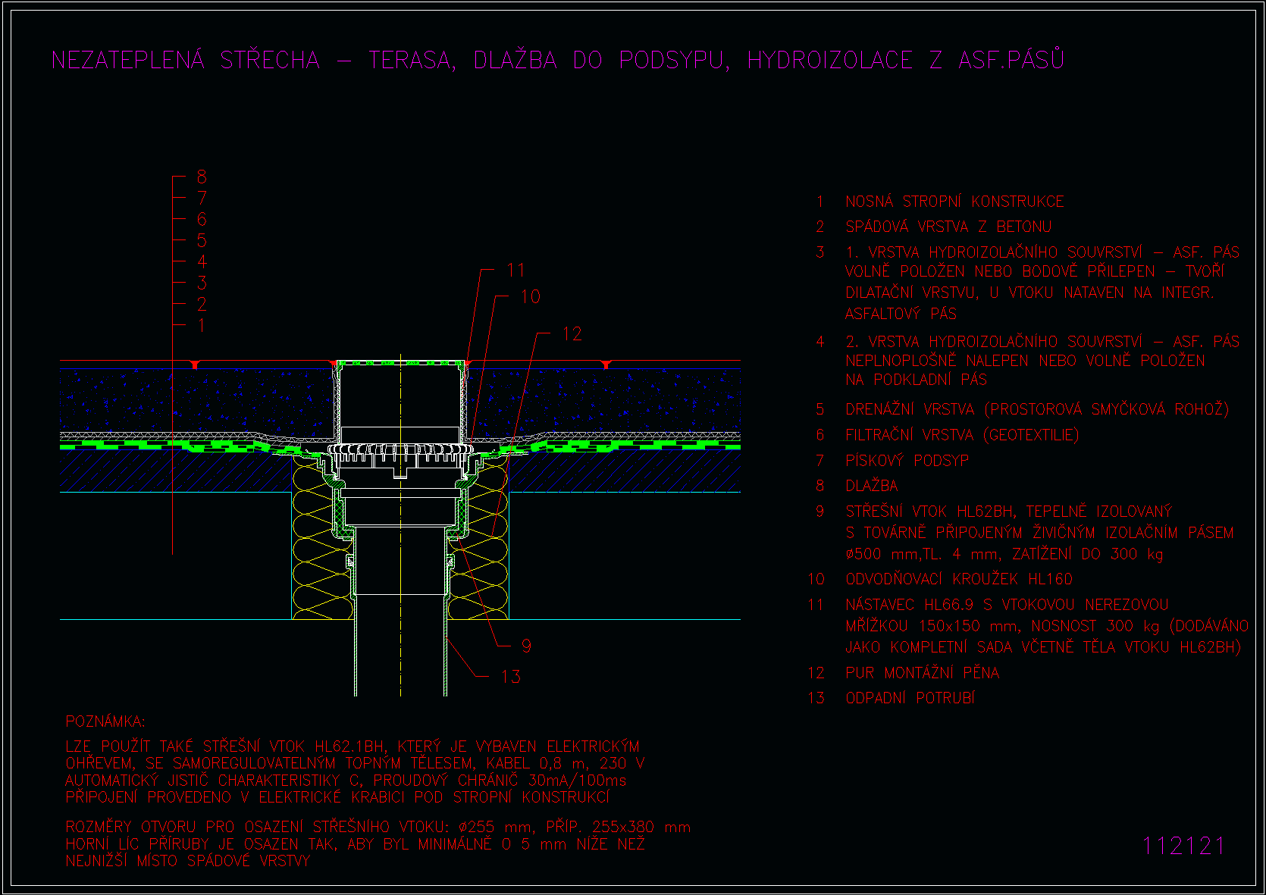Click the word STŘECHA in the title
pos(270,60)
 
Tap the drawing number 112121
pos(1183,846)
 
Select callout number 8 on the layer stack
pos(202,177)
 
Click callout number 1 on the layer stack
pos(202,325)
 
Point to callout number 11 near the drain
pos(515,270)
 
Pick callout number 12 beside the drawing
pos(572,334)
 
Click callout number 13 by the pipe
pos(511,676)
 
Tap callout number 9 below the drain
pos(526,646)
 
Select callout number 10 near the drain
pos(530,296)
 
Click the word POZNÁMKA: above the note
pos(105,721)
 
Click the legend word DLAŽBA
pos(872,486)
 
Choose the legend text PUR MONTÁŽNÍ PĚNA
pos(923,673)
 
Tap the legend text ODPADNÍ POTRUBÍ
pos(910,699)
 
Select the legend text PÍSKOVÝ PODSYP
pos(907,461)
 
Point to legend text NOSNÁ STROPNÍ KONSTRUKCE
pos(954,202)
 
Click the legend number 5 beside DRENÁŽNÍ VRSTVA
pos(820,409)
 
